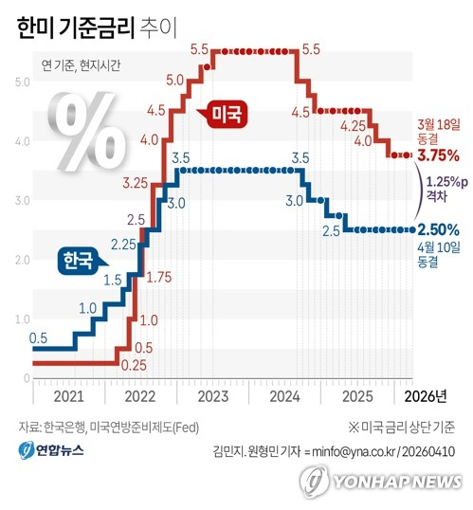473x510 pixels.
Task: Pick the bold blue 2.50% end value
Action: [x=438, y=229]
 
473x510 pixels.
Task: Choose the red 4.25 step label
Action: [x=354, y=125]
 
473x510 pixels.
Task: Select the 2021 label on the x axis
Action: [x=68, y=396]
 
